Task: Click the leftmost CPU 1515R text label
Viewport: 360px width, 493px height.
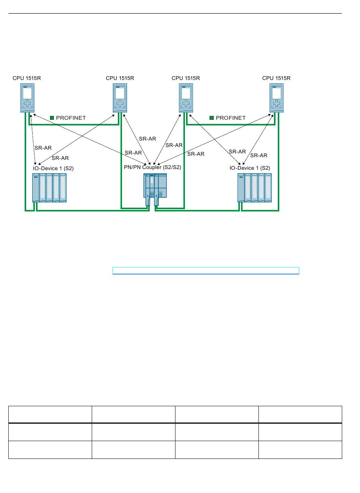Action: (x=27, y=78)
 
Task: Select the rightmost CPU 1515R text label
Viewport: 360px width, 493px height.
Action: (x=276, y=78)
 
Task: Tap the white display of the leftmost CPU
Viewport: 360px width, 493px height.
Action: (x=27, y=93)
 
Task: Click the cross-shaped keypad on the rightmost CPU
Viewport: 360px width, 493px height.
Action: (x=277, y=103)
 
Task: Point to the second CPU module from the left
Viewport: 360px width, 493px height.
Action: (x=120, y=98)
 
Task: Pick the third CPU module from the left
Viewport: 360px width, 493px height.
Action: (x=186, y=98)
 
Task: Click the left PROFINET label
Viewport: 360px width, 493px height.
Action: (x=71, y=118)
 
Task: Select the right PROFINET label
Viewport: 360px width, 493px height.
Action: (x=231, y=118)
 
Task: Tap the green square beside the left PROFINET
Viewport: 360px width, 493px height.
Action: (x=52, y=118)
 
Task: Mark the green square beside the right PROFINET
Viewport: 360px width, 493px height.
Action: (x=212, y=118)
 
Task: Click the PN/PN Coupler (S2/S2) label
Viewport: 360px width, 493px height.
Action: (x=152, y=167)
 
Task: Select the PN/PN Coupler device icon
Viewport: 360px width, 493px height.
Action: (x=155, y=189)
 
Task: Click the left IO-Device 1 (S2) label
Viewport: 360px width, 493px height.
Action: (x=53, y=168)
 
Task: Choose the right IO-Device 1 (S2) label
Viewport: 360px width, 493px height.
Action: (x=250, y=168)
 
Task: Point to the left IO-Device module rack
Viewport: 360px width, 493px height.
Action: (x=49, y=188)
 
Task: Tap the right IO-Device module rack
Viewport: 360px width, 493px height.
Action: (x=254, y=188)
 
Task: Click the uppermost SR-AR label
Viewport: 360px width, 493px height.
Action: (x=147, y=139)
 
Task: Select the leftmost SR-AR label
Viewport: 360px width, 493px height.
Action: (x=43, y=148)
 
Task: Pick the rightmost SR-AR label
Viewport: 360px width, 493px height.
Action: (x=259, y=155)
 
